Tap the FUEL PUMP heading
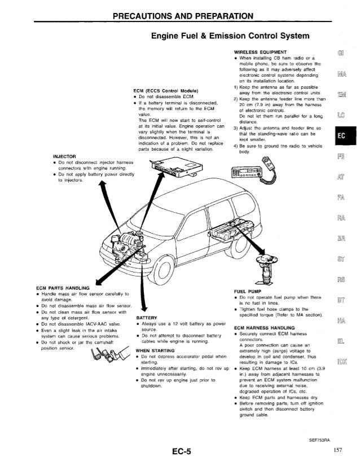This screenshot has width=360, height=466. (x=246, y=292)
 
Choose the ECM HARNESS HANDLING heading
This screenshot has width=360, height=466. (x=265, y=328)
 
